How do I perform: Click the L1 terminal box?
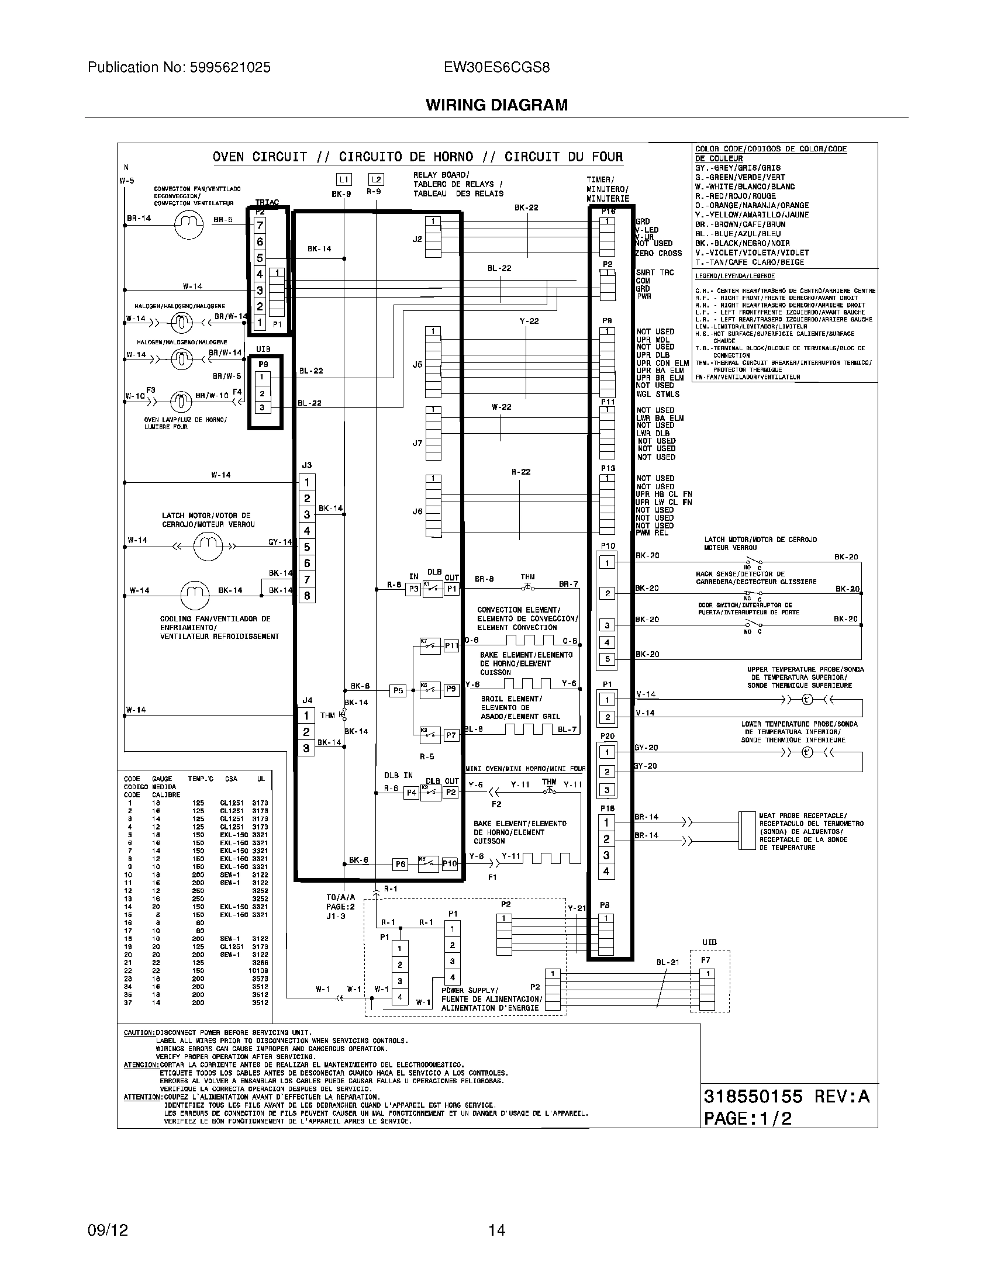pos(344,179)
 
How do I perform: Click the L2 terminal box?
pos(376,179)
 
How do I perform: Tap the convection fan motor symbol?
pos(188,224)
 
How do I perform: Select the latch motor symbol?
pos(208,547)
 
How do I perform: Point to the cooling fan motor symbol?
pos(195,594)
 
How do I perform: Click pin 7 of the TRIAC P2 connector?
pos(260,226)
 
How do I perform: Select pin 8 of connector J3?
pos(307,595)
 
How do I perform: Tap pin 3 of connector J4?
pos(306,748)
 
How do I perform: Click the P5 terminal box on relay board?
pos(398,691)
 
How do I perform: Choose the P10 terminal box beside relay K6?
pos(450,863)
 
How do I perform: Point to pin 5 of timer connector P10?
pos(607,659)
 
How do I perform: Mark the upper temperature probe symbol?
pos(807,700)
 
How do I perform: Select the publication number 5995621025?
pos(179,68)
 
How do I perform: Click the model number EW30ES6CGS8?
pos(497,68)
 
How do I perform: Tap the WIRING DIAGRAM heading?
pos(496,105)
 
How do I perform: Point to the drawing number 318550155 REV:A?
pos(786,1097)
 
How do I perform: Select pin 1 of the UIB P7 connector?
pos(707,974)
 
